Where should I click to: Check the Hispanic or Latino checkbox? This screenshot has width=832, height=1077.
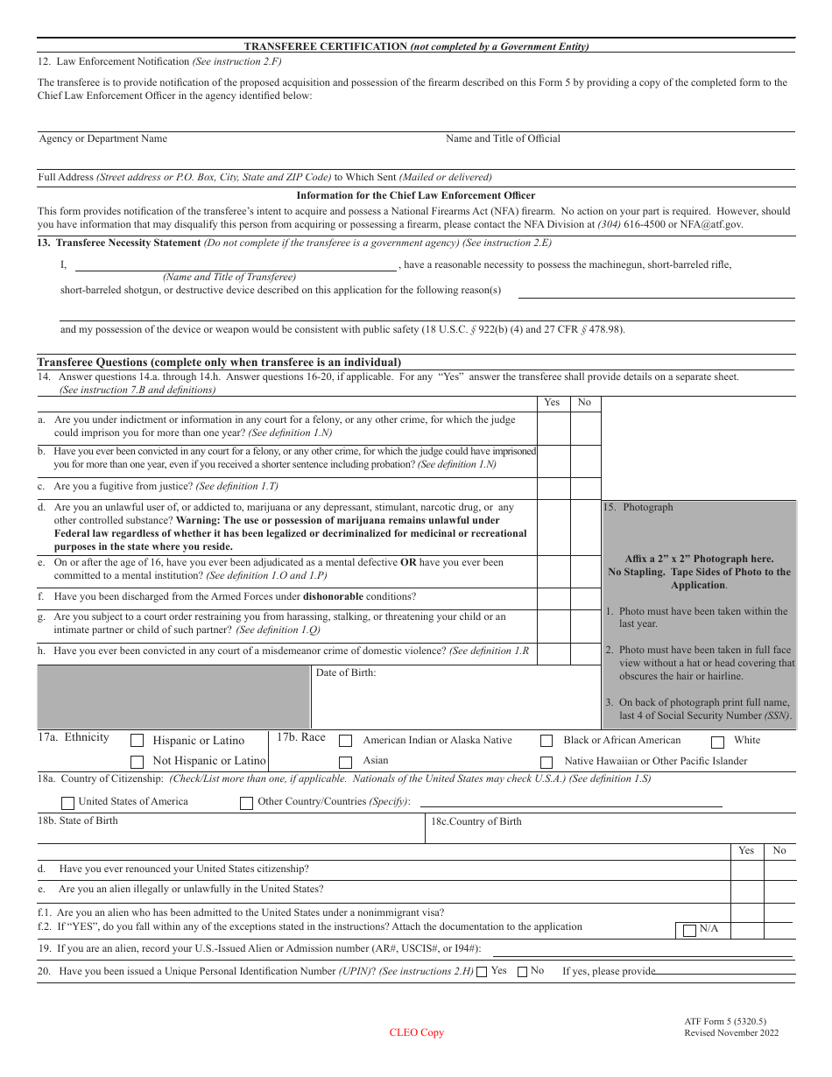click(x=137, y=740)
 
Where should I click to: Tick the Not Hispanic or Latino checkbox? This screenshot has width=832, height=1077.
click(x=137, y=762)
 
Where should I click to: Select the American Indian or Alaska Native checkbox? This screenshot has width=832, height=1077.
click(x=346, y=741)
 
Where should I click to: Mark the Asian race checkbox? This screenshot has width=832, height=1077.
click(x=346, y=762)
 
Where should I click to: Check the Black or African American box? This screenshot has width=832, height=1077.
click(x=546, y=741)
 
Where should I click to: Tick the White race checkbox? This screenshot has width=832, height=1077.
click(x=718, y=743)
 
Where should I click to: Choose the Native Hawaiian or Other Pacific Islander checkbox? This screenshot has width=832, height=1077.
click(x=546, y=762)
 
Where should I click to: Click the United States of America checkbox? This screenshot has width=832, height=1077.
click(x=68, y=802)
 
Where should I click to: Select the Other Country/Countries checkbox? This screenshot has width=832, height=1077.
click(x=247, y=802)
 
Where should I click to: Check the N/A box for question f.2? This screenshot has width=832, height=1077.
click(x=690, y=930)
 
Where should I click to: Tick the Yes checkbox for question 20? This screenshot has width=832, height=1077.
click(x=482, y=971)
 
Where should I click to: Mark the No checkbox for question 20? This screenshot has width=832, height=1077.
click(x=523, y=971)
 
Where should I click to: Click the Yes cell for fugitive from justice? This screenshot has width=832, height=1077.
click(x=553, y=488)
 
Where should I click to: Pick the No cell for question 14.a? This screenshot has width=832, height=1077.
click(x=585, y=427)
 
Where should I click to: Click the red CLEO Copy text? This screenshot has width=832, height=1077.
click(x=417, y=1032)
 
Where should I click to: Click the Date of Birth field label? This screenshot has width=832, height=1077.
click(x=346, y=672)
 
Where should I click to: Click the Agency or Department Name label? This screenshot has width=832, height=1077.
click(x=102, y=138)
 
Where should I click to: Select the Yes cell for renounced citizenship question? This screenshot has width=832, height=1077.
click(x=746, y=869)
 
